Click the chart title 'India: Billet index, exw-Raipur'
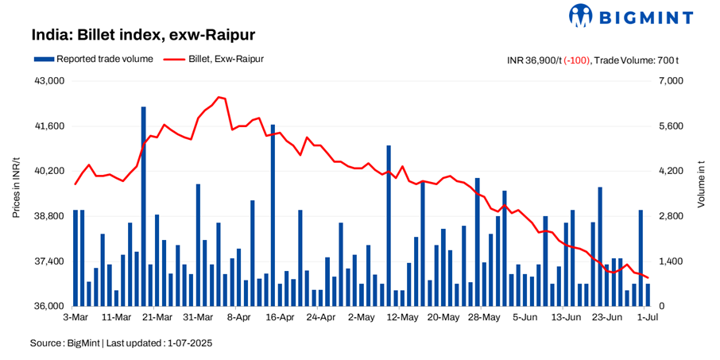[x=143, y=36]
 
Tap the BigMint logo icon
[x=581, y=15]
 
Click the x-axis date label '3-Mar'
[x=75, y=318]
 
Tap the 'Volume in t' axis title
[x=701, y=184]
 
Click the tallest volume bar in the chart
[x=143, y=207]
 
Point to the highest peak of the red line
[x=219, y=97]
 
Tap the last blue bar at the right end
[x=648, y=295]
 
